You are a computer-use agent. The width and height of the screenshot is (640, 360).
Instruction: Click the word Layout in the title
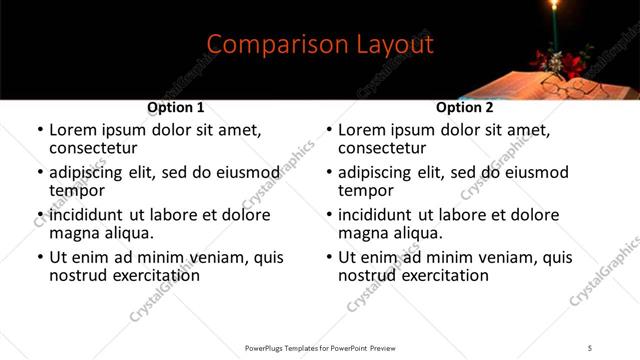(x=397, y=45)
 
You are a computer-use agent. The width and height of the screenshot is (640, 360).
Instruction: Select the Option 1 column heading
(x=176, y=107)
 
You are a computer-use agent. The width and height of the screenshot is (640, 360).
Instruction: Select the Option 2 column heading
(x=465, y=107)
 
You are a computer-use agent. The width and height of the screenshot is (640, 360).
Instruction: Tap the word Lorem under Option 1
(x=76, y=130)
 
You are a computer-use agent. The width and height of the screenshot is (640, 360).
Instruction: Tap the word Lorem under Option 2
(x=365, y=130)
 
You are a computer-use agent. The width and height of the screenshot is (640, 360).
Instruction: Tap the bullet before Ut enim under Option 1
(x=40, y=258)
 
